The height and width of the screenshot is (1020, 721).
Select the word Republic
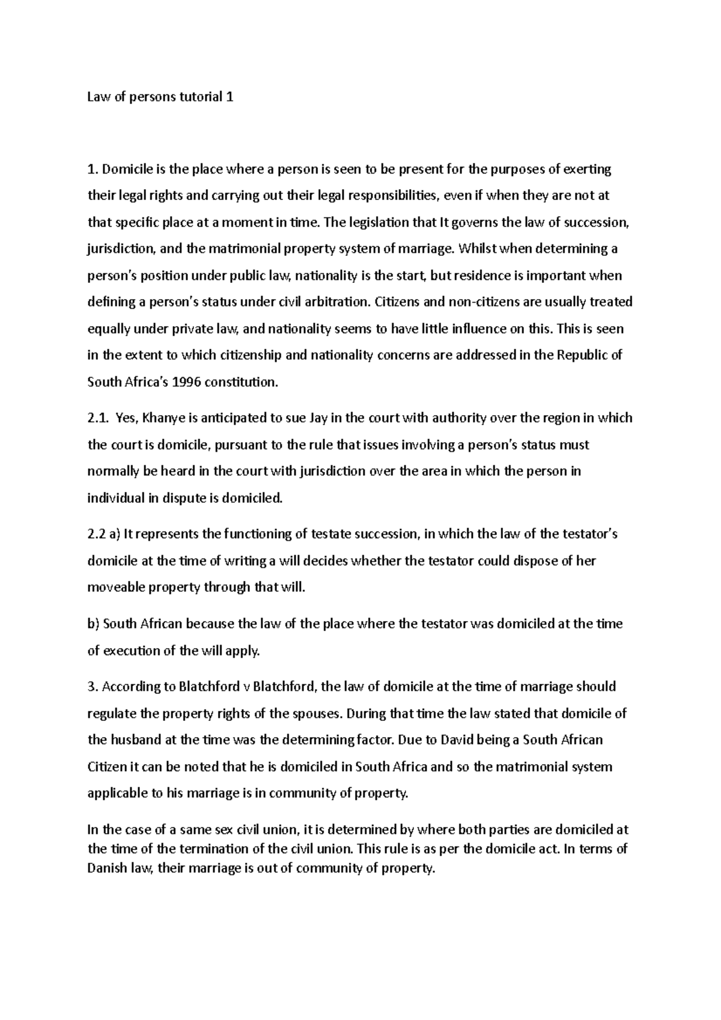[x=584, y=355]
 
